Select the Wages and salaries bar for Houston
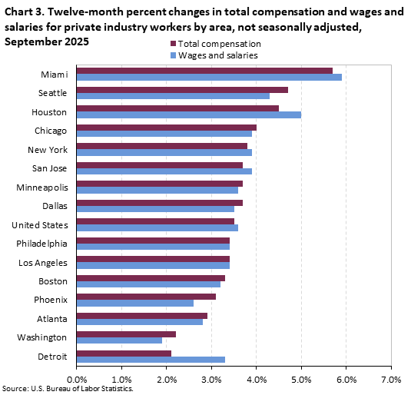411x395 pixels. (189, 115)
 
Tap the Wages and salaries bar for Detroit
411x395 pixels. (151, 359)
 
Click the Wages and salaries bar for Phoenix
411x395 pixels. (135, 303)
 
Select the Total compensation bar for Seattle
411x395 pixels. (182, 89)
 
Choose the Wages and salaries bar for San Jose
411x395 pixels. (164, 171)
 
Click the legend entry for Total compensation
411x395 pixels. (219, 45)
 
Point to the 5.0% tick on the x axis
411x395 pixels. (301, 379)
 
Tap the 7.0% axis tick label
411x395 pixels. (391, 379)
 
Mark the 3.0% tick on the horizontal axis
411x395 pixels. (211, 379)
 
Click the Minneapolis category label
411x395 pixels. (42, 187)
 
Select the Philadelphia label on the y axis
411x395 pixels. (42, 244)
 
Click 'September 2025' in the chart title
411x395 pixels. (47, 41)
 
